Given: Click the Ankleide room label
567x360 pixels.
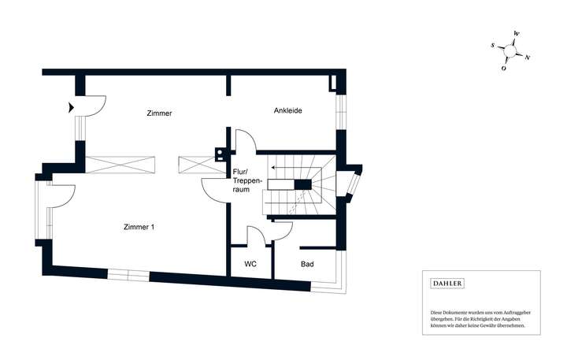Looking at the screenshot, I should [x=288, y=110].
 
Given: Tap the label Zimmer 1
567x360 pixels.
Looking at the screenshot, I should [x=139, y=227].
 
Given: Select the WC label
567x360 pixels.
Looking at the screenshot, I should [x=250, y=264].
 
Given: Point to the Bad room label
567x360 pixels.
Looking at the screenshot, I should [x=307, y=264].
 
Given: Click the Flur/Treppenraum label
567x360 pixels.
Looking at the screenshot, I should [x=242, y=180].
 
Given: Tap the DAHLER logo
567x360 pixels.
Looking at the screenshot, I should [x=446, y=283].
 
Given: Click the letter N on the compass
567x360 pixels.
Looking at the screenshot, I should [x=528, y=58].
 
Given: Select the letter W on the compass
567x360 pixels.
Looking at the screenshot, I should [x=516, y=33].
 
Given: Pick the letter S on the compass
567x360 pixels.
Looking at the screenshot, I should [x=493, y=46].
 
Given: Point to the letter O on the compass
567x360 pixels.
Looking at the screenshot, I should [x=504, y=69].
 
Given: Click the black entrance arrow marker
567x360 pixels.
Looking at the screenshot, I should [x=72, y=106].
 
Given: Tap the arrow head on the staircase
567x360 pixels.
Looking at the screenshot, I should [x=272, y=167].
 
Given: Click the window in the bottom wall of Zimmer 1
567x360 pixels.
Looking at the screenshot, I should [x=128, y=274].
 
